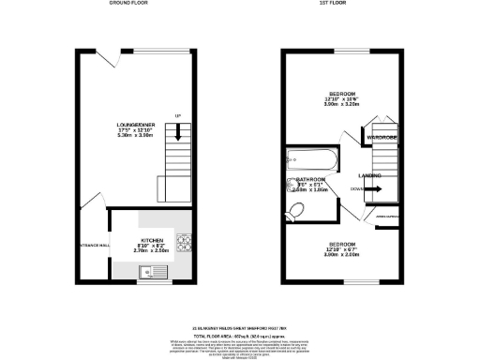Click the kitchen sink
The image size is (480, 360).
[x=149, y=273]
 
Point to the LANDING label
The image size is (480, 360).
[x=368, y=175]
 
